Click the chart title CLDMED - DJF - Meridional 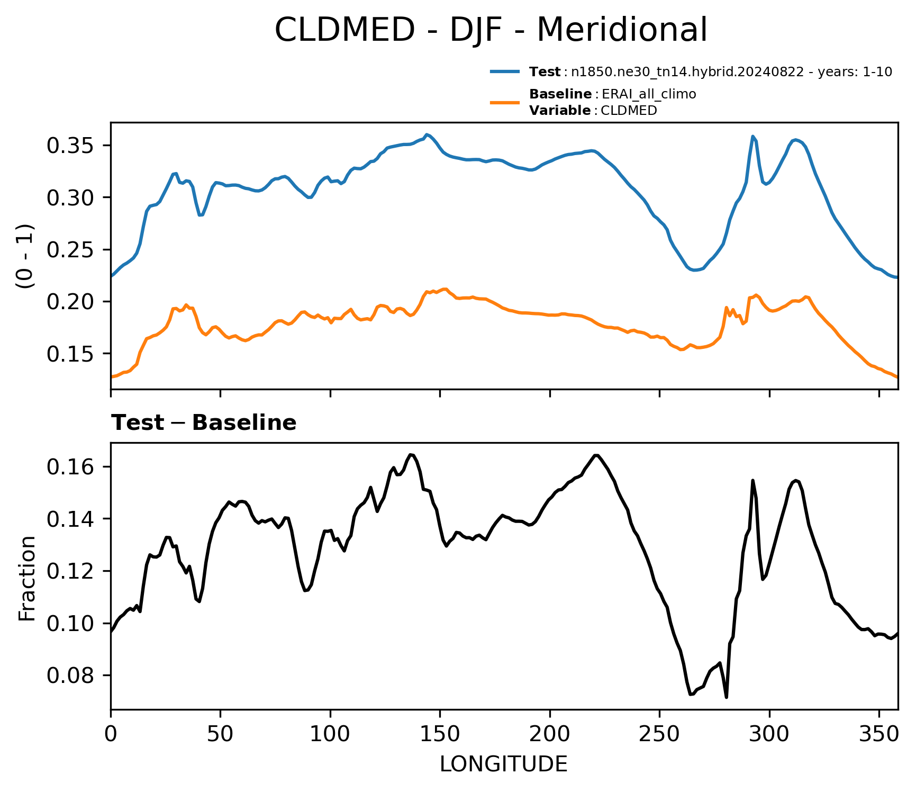point(491,30)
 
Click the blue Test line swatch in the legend point(506,71)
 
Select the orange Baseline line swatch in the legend point(506,102)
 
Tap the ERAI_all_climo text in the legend point(649,95)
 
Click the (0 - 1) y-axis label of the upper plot point(26,256)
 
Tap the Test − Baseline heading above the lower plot point(204,423)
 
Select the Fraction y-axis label point(26,578)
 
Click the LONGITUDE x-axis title point(504,764)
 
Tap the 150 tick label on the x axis point(440,734)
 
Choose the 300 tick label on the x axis point(769,734)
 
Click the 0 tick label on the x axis point(111,734)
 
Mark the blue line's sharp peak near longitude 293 point(752,136)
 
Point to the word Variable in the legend point(560,111)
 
